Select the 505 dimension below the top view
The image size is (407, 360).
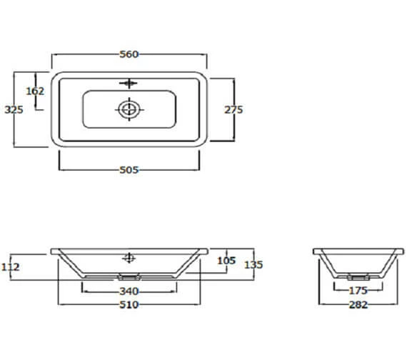click(129, 170)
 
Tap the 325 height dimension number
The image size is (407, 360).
click(14, 109)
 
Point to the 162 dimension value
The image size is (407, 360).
click(35, 91)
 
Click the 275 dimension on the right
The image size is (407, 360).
click(233, 109)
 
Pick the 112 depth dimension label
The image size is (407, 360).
click(11, 267)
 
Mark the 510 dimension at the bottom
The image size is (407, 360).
click(129, 304)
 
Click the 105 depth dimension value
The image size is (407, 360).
click(226, 261)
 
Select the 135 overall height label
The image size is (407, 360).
click(253, 264)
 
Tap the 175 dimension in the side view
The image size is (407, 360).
click(358, 290)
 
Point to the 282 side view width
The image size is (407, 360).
click(358, 304)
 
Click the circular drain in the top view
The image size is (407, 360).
click(129, 110)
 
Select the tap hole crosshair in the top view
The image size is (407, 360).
click(129, 84)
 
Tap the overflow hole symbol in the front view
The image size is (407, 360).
click(129, 258)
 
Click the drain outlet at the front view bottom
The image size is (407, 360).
click(129, 276)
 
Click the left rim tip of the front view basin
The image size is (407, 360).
click(52, 251)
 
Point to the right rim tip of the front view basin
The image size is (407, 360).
click(207, 251)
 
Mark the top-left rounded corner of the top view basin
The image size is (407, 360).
click(56, 76)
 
